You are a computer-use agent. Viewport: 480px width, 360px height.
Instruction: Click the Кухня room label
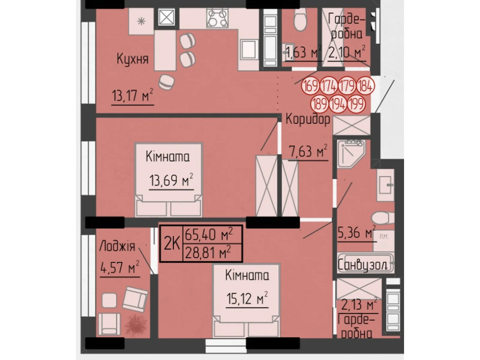click(x=133, y=59)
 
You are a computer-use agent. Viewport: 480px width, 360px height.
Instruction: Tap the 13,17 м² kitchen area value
click(x=132, y=95)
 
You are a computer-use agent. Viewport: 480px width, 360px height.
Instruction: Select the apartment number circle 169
click(x=310, y=86)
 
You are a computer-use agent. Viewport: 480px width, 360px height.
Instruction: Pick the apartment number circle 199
click(x=356, y=104)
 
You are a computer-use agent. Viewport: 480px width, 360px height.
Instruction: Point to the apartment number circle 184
click(x=365, y=86)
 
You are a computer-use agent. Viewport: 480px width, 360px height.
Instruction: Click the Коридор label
click(x=308, y=120)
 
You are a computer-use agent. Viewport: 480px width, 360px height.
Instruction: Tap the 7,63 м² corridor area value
click(x=308, y=151)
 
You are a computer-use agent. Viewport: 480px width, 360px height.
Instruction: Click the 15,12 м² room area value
click(x=247, y=298)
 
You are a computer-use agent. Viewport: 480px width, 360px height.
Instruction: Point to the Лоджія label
click(x=117, y=246)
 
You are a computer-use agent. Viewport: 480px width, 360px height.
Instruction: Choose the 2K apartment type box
click(x=172, y=244)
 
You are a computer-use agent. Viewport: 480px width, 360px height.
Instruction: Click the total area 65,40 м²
click(x=209, y=234)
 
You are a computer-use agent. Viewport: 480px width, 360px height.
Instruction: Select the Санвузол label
click(x=362, y=265)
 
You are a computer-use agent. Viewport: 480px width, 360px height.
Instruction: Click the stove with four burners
click(x=217, y=18)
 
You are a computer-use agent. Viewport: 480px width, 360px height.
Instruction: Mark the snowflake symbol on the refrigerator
click(x=141, y=21)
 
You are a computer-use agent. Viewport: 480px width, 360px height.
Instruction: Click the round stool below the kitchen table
click(x=166, y=82)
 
